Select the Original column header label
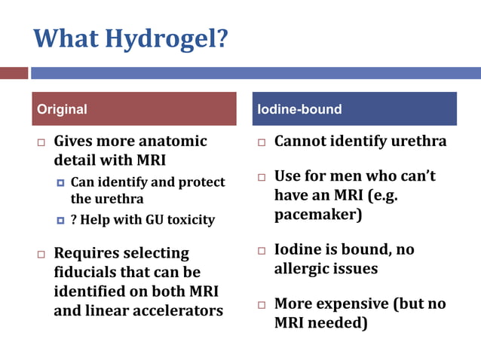point(62,109)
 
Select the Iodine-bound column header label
point(299,109)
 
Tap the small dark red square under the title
point(14,73)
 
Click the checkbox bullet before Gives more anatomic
point(42,142)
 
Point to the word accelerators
point(178,310)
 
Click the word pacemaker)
point(317,215)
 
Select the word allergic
point(305,267)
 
